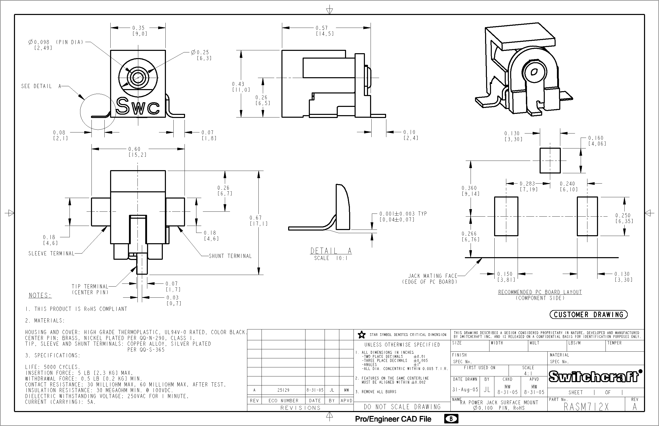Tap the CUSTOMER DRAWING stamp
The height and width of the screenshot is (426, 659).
(x=588, y=314)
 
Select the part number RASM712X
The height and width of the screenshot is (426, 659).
(x=586, y=407)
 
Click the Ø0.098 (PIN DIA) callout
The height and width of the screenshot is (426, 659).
(x=56, y=42)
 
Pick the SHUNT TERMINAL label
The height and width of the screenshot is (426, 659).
(x=230, y=256)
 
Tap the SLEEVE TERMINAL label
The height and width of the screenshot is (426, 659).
(x=51, y=253)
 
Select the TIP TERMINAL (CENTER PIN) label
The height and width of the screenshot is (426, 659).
(x=90, y=289)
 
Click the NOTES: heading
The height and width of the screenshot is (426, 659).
(x=40, y=295)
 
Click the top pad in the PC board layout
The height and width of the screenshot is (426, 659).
(x=550, y=160)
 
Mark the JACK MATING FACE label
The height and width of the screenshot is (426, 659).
(x=432, y=276)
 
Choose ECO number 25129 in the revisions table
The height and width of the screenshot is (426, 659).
(x=283, y=390)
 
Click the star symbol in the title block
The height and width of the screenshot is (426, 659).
(x=362, y=335)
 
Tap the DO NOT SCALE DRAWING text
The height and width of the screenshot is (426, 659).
(x=402, y=407)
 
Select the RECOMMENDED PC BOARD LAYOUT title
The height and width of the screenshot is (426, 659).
(x=540, y=292)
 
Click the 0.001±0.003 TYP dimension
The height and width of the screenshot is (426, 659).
(x=403, y=214)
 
